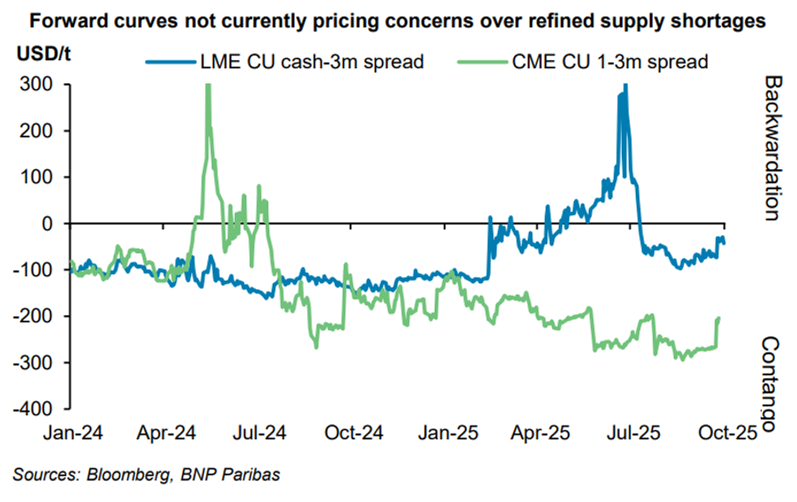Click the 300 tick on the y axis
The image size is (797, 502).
(x=38, y=85)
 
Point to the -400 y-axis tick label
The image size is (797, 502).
(x=35, y=409)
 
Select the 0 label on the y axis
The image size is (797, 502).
(x=49, y=224)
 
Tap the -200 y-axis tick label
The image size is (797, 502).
(x=35, y=316)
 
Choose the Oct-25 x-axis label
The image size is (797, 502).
(x=725, y=434)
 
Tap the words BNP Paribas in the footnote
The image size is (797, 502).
(x=230, y=475)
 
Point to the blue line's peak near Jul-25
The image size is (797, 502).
(x=625, y=86)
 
